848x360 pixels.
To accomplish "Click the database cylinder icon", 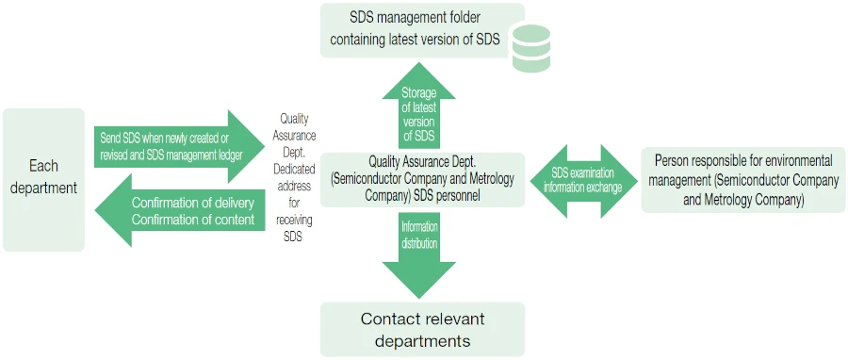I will tap(530, 48).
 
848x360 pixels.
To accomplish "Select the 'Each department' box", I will tap(43, 178).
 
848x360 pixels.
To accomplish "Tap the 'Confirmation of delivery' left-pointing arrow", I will tap(179, 211).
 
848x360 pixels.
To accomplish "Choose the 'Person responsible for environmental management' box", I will tap(743, 180).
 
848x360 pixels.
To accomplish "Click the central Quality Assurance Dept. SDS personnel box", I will tap(422, 179).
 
